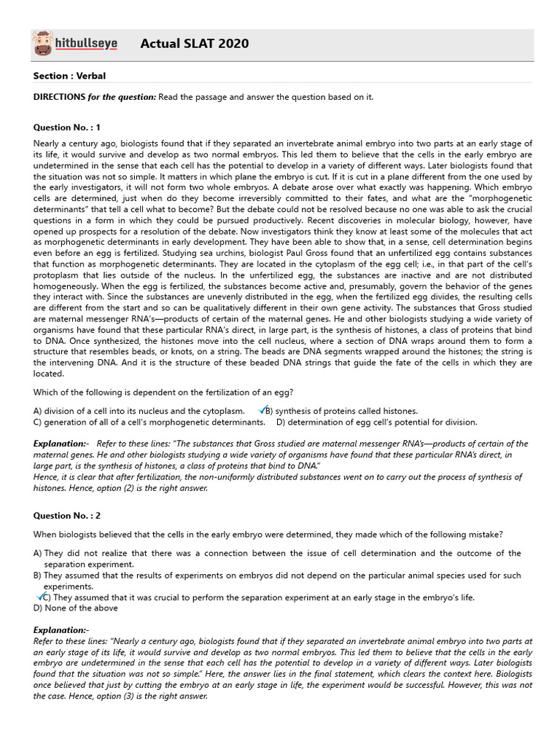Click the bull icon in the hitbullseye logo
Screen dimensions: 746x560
point(43,44)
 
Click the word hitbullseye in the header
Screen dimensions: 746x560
point(86,44)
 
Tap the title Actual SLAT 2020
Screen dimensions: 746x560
point(194,44)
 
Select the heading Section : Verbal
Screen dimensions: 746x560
point(74,76)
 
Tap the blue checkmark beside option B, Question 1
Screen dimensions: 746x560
point(262,410)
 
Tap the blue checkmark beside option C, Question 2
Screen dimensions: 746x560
point(41,597)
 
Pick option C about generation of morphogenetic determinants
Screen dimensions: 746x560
point(149,422)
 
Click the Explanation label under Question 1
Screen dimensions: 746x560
point(61,444)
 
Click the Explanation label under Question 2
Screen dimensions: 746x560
point(61,629)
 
